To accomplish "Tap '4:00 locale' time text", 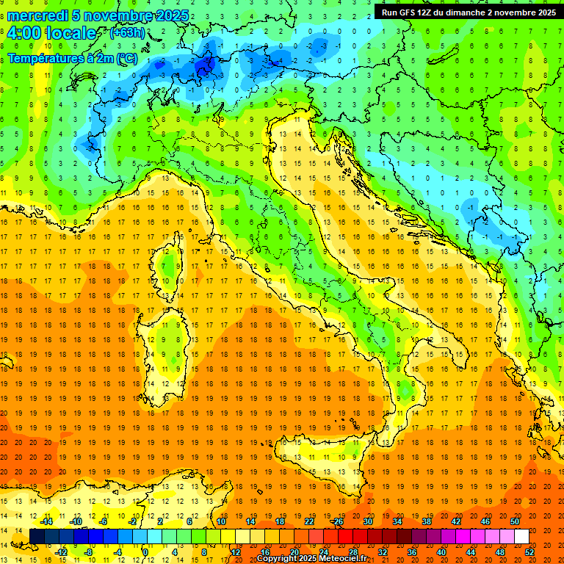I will [x=51, y=33].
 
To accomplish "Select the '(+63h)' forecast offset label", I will [x=127, y=32].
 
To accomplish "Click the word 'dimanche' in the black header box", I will [x=471, y=12].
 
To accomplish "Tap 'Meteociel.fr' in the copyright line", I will [x=342, y=558].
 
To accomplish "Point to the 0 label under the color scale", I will [x=145, y=552].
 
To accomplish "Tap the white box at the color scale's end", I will [x=521, y=537].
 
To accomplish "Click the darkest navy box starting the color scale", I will [x=37, y=537].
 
